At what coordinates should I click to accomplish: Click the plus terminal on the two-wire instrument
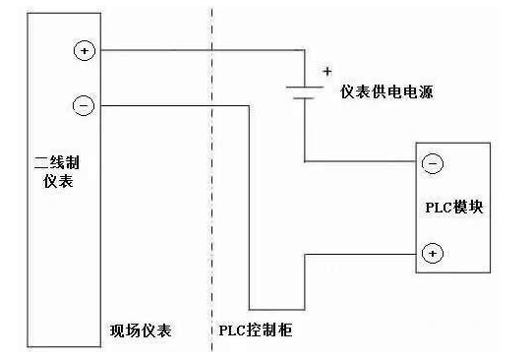(x=83, y=50)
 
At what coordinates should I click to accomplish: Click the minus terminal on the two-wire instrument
(x=83, y=103)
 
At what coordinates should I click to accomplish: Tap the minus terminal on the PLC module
(x=431, y=163)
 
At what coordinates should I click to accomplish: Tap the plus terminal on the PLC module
(x=431, y=254)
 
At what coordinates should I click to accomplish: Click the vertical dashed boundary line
(x=211, y=197)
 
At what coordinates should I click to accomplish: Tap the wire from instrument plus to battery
(x=197, y=50)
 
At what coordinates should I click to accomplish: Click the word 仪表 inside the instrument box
(x=52, y=183)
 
